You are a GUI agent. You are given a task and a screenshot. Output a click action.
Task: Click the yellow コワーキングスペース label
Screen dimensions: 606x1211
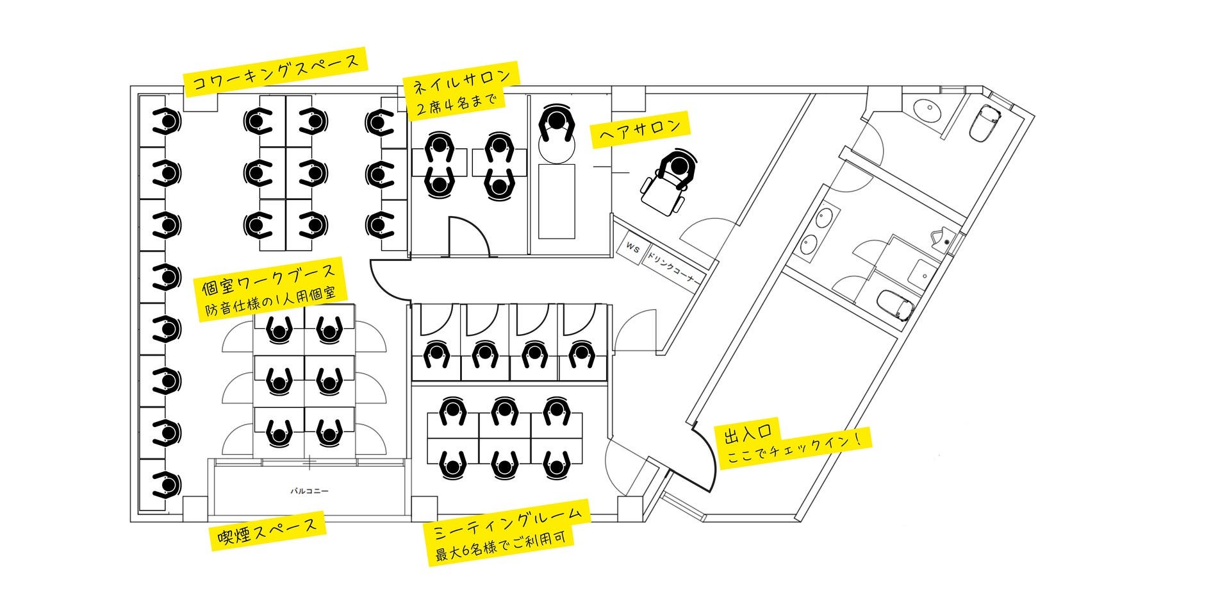276,72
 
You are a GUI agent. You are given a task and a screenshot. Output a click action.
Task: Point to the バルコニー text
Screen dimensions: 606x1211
309,491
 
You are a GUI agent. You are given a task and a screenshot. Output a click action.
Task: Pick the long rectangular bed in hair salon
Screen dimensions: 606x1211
556,201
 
